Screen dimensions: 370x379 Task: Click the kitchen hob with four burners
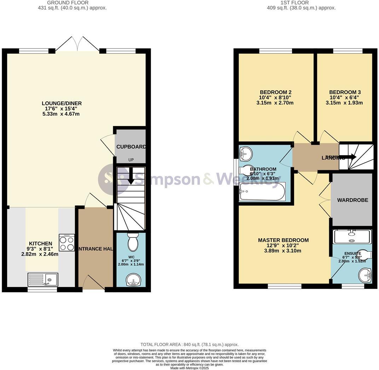point(67,243)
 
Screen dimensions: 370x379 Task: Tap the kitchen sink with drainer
point(43,280)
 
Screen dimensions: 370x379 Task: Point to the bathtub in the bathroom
point(262,192)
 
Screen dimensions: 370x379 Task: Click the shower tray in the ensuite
point(352,236)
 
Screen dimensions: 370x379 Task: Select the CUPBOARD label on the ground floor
point(131,147)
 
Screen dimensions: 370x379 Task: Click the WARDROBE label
point(352,200)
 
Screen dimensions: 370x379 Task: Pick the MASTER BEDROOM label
point(283,240)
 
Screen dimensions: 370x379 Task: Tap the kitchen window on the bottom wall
point(42,290)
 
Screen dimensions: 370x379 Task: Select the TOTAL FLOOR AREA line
point(189,345)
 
